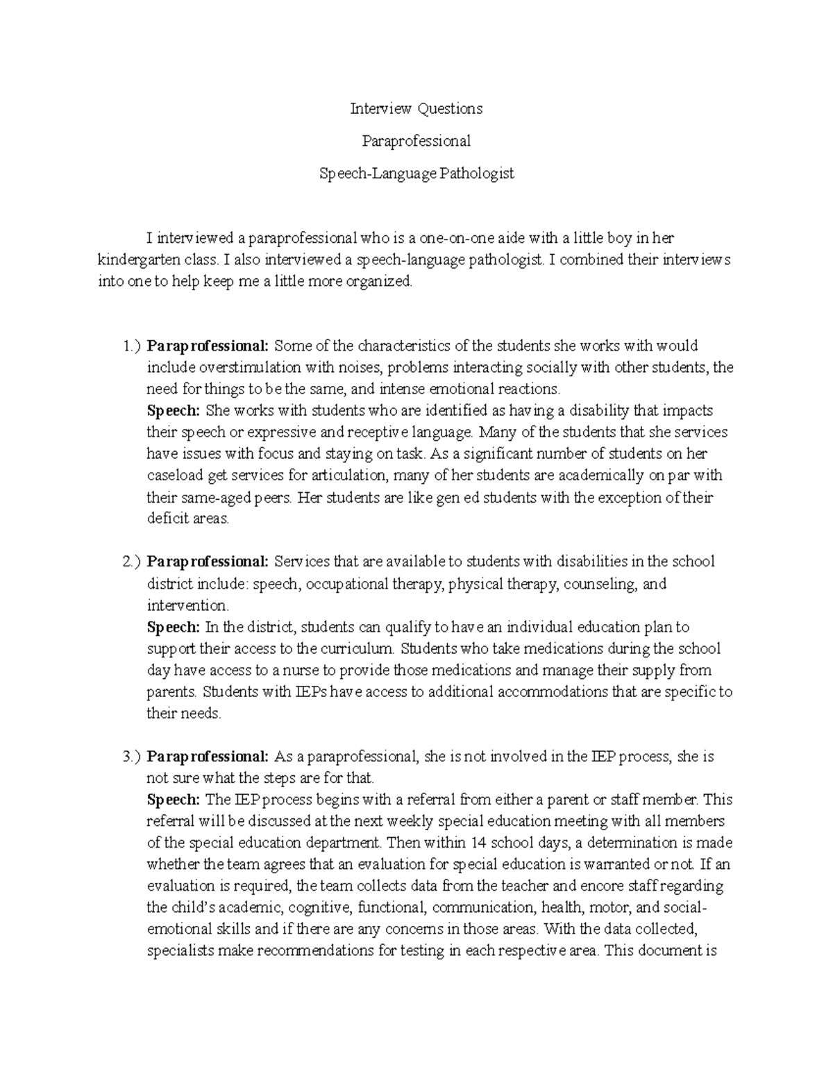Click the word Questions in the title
click(x=449, y=108)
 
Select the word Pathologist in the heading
click(x=477, y=174)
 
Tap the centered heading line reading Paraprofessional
click(x=416, y=141)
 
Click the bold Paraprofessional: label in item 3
click(x=208, y=756)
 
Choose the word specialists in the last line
click(x=181, y=951)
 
